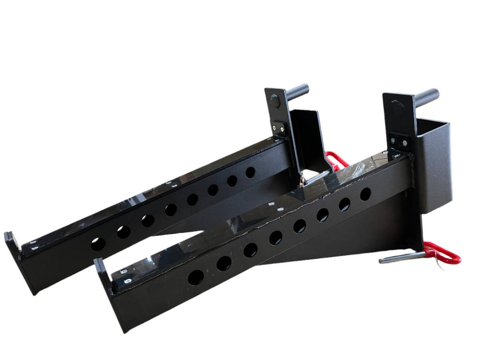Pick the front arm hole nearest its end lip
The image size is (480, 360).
click(x=196, y=277)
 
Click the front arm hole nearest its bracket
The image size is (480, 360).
click(x=365, y=194)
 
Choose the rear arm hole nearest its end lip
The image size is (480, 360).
click(x=98, y=244)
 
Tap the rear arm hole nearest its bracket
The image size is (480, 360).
click(x=250, y=172)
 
